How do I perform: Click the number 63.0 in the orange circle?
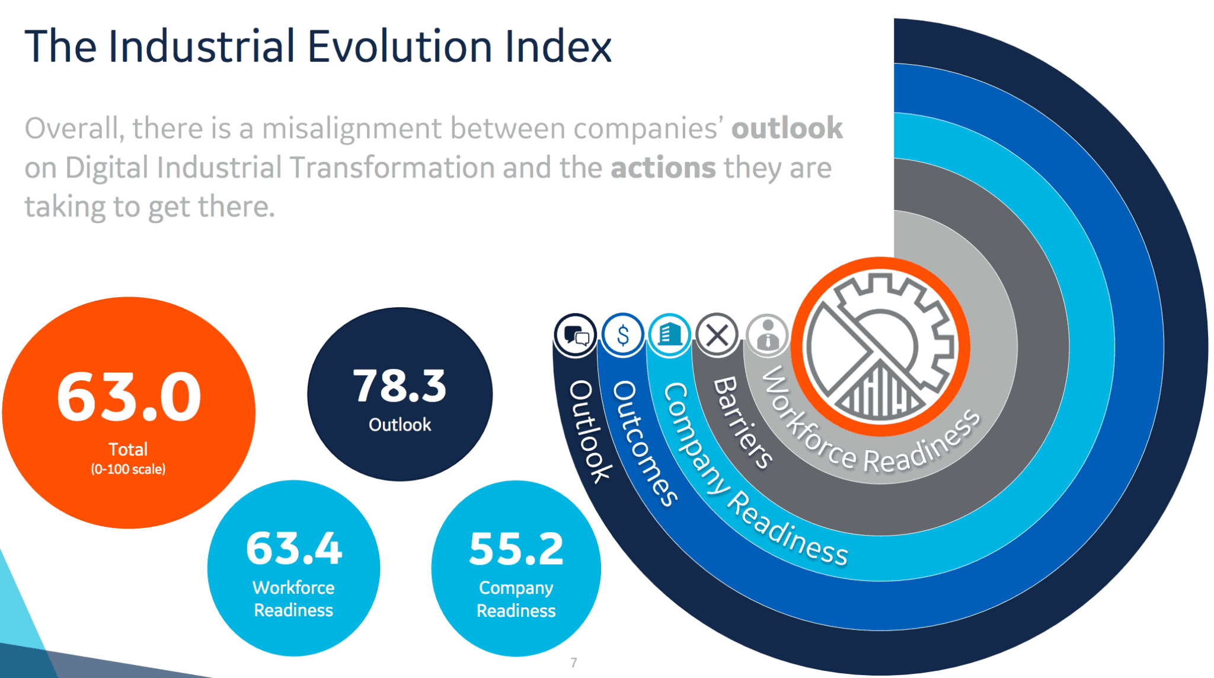(x=129, y=397)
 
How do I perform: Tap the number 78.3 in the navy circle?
(x=400, y=386)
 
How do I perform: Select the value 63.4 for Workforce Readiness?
(x=294, y=548)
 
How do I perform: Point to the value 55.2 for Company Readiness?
(x=516, y=549)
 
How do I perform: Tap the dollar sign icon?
(x=623, y=335)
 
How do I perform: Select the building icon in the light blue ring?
(x=670, y=334)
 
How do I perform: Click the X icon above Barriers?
(x=717, y=335)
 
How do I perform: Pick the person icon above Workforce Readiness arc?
(x=768, y=335)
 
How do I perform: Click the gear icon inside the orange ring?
(x=880, y=346)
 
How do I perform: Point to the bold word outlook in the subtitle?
(x=787, y=128)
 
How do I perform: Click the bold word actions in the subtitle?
(x=663, y=168)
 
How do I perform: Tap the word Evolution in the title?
(x=400, y=46)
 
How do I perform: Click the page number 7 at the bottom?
(x=574, y=663)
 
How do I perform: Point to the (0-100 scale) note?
(x=128, y=469)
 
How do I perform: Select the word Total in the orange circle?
(x=128, y=449)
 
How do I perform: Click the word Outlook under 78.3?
(x=400, y=425)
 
